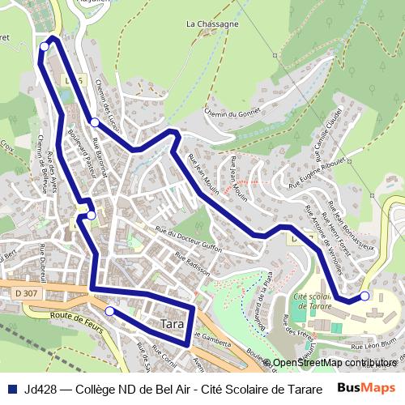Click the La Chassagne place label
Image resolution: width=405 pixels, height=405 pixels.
point(212,25)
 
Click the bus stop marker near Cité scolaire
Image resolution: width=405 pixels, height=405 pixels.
point(364,296)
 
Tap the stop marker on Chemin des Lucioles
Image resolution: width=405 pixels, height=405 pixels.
point(95,122)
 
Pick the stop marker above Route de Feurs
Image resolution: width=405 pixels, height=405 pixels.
point(109,310)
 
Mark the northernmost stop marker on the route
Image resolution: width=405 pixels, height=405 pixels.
point(45,47)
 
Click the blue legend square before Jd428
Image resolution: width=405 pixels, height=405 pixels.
point(11,387)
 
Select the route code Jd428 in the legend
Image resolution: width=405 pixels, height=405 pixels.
point(40,387)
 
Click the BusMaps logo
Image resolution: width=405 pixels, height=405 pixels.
point(366,387)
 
